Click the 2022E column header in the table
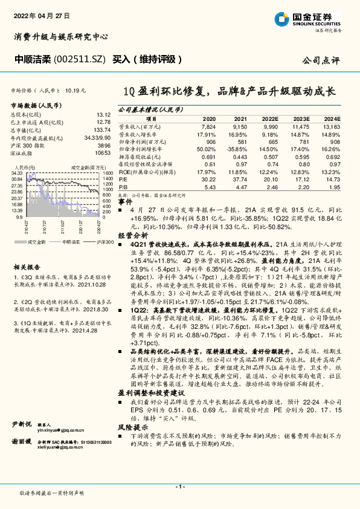click(271, 120)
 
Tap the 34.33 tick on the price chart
click(16, 172)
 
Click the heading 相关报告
click(27, 267)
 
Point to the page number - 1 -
click(179, 486)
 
